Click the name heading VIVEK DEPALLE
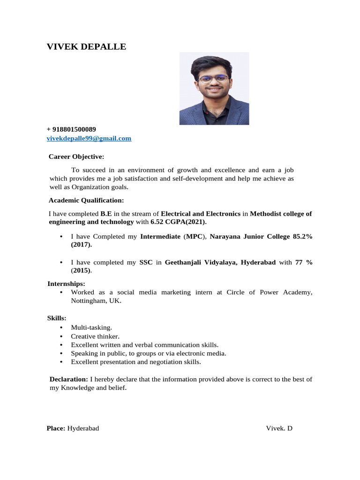[87, 47]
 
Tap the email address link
[89, 138]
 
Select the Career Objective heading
[76, 157]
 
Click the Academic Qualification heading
[86, 201]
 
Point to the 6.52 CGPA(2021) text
[178, 222]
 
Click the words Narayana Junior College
[250, 237]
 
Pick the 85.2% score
[302, 237]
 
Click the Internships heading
[66, 284]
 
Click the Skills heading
[57, 318]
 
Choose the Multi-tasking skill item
[91, 328]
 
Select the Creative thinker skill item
[95, 336]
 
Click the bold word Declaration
[68, 379]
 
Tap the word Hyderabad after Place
[83, 428]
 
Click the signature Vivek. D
[279, 428]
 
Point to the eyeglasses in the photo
[214, 79]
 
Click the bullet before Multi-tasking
[62, 328]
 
